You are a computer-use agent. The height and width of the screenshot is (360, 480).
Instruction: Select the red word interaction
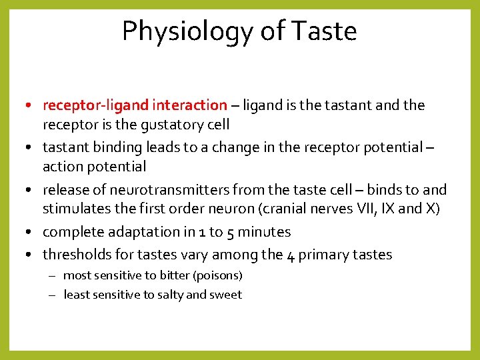[x=189, y=105]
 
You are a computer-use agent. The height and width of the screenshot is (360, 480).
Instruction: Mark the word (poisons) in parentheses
[x=221, y=275]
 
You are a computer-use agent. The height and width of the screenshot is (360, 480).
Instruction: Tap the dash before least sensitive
[x=54, y=295]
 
